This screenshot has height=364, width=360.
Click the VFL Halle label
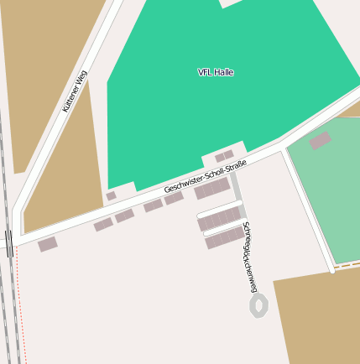click(x=216, y=72)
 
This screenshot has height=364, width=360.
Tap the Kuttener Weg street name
click(x=75, y=91)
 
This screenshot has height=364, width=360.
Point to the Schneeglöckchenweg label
click(x=248, y=257)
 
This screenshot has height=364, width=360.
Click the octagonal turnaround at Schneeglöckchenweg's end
click(x=258, y=305)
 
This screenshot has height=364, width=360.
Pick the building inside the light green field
click(x=320, y=141)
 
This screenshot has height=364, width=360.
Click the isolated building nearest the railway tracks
click(x=48, y=244)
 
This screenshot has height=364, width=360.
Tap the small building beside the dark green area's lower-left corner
click(x=111, y=196)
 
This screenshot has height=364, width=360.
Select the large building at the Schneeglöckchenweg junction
click(x=211, y=189)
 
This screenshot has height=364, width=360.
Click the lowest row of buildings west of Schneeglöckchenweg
click(x=225, y=238)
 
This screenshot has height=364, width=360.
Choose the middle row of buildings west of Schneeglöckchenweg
click(x=220, y=219)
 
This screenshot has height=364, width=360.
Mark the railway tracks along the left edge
click(x=8, y=294)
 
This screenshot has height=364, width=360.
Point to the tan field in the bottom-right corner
click(x=319, y=319)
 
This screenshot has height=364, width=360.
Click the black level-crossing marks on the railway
click(x=9, y=243)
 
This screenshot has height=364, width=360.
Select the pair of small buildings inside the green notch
click(x=224, y=156)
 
